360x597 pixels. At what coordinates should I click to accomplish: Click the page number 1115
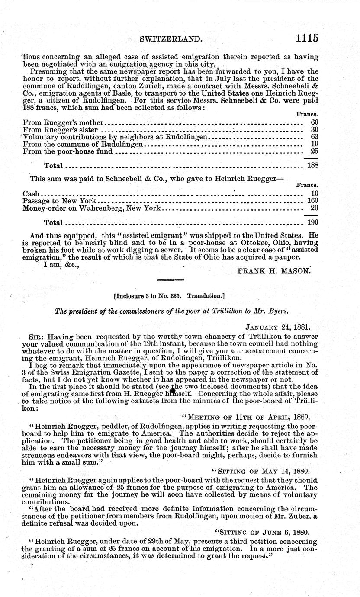[x=307, y=38]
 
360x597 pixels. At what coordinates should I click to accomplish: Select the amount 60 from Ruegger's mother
[x=315, y=122]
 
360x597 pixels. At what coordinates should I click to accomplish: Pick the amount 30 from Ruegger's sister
[x=315, y=129]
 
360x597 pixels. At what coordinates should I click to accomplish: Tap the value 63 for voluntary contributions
[x=315, y=137]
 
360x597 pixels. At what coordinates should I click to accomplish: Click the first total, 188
[x=312, y=165]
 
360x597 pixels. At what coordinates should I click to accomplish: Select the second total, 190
[x=312, y=222]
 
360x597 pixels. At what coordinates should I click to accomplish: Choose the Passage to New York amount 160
[x=312, y=201]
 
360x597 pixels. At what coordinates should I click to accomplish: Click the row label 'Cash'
[x=30, y=193]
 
